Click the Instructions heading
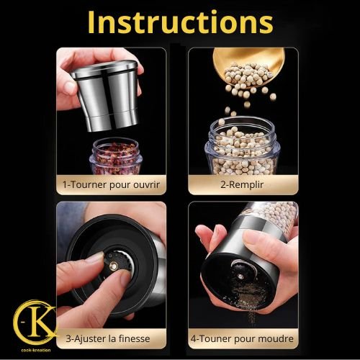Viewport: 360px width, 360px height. pos(180,22)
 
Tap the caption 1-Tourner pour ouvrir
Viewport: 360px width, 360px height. pos(111,185)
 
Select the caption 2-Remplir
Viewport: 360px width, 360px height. pos(242,185)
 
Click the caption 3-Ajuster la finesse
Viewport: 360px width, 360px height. pos(108,338)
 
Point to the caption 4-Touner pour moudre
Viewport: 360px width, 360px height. pos(242,338)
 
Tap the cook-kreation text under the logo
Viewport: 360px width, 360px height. pos(36,350)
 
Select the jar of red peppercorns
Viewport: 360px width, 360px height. pos(114,156)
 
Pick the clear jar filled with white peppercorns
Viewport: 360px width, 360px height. pos(242,146)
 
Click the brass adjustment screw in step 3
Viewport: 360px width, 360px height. pos(113,266)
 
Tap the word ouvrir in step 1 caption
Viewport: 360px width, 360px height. pos(146,185)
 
